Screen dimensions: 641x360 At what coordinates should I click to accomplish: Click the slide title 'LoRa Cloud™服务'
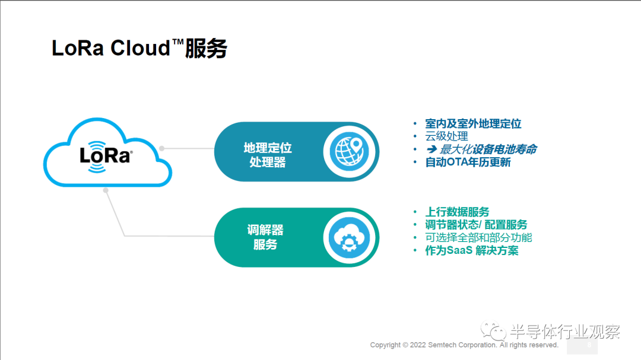[139, 48]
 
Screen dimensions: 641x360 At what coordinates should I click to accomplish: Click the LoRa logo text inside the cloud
[106, 156]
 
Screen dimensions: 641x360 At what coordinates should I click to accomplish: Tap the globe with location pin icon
[349, 151]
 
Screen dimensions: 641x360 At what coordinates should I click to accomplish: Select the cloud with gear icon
[349, 237]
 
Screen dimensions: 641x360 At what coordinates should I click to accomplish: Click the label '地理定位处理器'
[268, 155]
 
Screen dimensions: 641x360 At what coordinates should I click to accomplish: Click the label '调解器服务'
[265, 237]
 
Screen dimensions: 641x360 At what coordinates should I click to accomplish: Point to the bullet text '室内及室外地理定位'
[473, 123]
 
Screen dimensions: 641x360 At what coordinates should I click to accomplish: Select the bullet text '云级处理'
[446, 136]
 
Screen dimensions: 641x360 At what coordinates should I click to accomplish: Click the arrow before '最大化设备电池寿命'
[431, 149]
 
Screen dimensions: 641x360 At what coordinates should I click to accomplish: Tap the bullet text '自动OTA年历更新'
[468, 163]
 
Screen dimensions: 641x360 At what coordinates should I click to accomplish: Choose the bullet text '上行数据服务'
[457, 212]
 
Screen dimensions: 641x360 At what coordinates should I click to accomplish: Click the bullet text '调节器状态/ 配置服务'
[476, 225]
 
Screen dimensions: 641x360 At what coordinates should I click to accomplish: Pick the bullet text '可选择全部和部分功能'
[479, 237]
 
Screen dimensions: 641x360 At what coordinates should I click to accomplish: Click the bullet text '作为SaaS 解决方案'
[472, 250]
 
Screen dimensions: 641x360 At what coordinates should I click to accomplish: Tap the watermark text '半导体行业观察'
[566, 332]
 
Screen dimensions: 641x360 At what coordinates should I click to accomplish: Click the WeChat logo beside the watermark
[493, 330]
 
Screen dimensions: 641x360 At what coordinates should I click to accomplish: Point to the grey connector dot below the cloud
[106, 190]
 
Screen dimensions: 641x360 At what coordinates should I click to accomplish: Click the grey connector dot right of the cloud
[162, 148]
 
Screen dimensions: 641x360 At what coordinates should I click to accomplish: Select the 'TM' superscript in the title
[178, 42]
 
